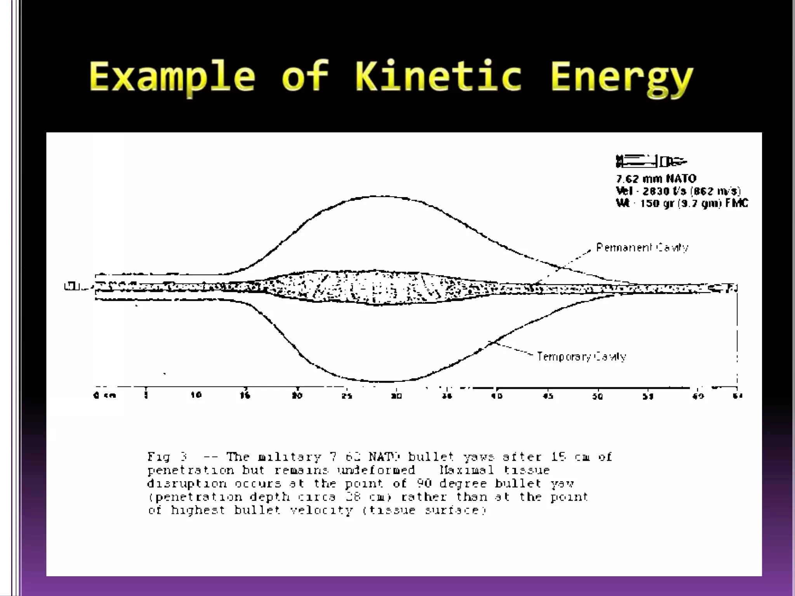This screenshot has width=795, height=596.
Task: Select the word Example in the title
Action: click(x=172, y=77)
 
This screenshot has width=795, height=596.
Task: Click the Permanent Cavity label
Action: click(x=642, y=248)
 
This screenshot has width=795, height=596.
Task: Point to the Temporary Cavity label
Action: click(x=581, y=357)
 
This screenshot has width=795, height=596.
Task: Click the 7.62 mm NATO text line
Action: click(x=656, y=178)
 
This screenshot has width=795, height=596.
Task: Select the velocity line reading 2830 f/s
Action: click(x=678, y=191)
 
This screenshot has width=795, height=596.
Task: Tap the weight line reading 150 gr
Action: click(x=682, y=203)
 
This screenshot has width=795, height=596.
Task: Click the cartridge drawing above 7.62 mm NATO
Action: click(x=651, y=161)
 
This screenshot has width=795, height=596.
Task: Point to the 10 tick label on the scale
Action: click(x=196, y=395)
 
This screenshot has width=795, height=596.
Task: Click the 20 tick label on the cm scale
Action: click(x=297, y=395)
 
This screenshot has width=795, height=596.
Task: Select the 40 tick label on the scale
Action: click(x=497, y=396)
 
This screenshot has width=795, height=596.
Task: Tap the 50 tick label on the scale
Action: click(x=597, y=396)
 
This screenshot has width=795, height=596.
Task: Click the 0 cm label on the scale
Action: click(x=104, y=395)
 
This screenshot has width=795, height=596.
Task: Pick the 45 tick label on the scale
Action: click(x=547, y=396)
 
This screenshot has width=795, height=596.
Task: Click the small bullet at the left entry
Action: click(x=72, y=286)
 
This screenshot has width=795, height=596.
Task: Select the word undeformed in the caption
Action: click(x=376, y=470)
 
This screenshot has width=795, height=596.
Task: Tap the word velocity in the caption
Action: click(x=321, y=510)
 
